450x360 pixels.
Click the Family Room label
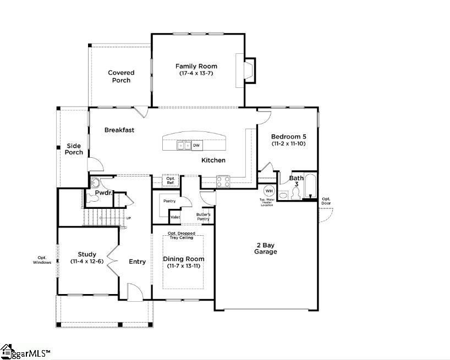point(196,67)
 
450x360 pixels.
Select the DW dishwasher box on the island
point(196,146)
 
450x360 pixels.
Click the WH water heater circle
point(269,191)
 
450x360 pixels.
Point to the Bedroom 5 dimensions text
point(288,143)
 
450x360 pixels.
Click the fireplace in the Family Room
point(245,70)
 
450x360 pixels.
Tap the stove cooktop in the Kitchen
point(223,181)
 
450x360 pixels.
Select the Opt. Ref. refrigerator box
point(171,181)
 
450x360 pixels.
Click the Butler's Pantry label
point(204,216)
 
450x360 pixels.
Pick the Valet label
point(175,217)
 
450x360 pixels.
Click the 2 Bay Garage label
point(265,248)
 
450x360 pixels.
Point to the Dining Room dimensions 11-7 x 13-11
point(184,266)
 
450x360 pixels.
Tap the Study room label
point(87,254)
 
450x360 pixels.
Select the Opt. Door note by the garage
point(326,201)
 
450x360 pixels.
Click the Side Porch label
point(74,149)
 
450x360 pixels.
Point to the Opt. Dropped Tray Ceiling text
point(181,235)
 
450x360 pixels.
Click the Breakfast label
point(119,130)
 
